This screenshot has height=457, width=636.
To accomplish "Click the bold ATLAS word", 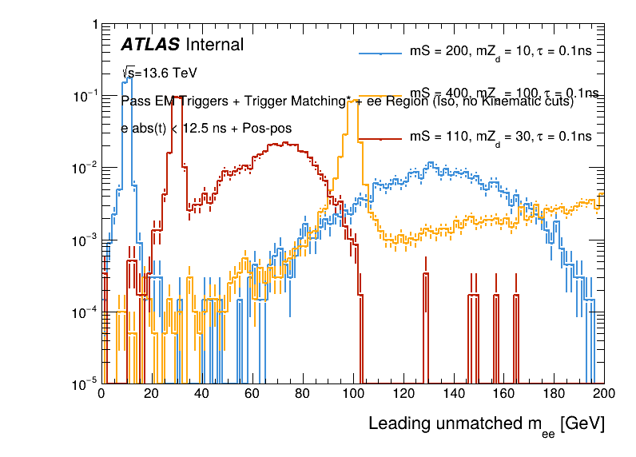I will click(150, 46).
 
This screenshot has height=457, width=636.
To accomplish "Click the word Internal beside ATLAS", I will click(214, 46).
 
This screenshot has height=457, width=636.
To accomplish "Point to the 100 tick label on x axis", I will click(353, 394).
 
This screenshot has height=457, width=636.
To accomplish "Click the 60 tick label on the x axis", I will click(252, 394).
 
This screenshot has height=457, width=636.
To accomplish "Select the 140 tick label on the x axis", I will click(454, 394).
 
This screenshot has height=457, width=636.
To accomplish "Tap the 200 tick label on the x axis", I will click(604, 394).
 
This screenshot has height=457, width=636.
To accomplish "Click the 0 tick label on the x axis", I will click(101, 394).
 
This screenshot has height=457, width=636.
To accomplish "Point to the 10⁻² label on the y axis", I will click(85, 168).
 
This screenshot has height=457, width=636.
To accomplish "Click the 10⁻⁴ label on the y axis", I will click(85, 312).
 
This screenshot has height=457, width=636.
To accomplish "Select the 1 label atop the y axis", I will click(94, 25).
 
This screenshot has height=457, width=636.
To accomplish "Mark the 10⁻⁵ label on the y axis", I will click(85, 384).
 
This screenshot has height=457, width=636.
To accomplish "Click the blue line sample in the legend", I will click(380, 54).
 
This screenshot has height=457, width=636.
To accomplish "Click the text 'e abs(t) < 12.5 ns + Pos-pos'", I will click(206, 128).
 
